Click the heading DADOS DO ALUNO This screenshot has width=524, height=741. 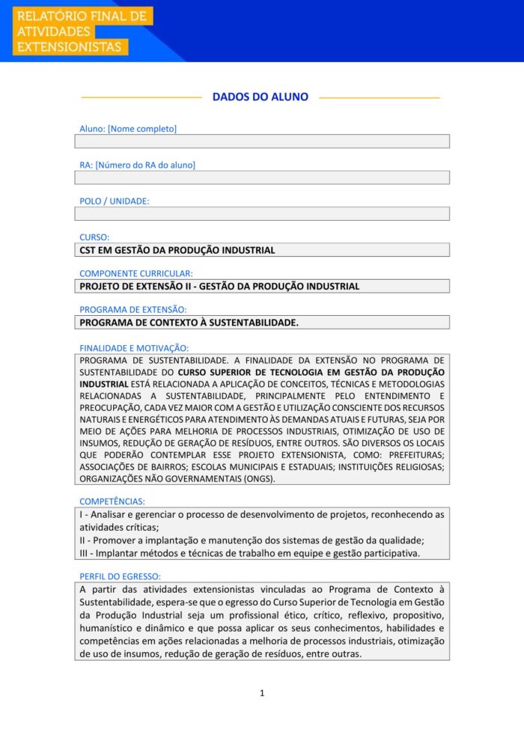(260, 97)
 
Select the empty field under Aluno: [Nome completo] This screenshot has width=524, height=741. (262, 141)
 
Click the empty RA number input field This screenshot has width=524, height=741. (262, 177)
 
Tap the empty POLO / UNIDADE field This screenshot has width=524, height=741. (262, 213)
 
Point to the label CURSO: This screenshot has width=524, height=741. (94, 237)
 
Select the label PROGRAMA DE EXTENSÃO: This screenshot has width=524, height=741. (133, 309)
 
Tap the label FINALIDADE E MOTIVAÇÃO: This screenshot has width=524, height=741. (134, 347)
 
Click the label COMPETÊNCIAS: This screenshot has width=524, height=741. (112, 501)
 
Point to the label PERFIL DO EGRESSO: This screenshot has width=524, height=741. (120, 576)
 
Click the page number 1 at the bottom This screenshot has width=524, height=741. (262, 693)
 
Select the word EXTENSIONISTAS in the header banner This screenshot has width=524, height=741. (69, 47)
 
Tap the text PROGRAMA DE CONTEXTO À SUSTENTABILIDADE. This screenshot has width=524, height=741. (189, 323)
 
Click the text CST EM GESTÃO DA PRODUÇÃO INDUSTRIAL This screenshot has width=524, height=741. (177, 250)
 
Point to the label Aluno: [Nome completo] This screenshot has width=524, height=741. (128, 129)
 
